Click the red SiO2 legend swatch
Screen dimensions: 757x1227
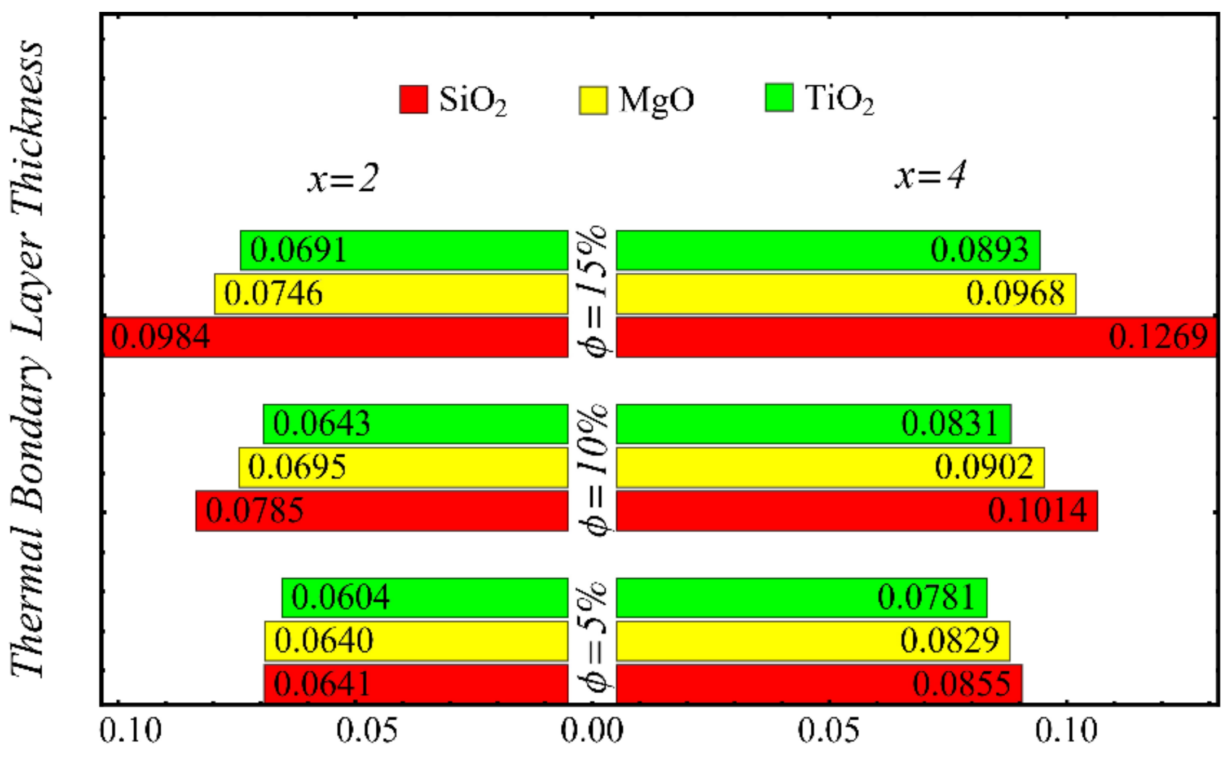pyautogui.click(x=413, y=99)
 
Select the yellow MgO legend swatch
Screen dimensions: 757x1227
pyautogui.click(x=593, y=100)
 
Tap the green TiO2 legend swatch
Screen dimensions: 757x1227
pyautogui.click(x=779, y=97)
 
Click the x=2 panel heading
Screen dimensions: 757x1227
pyautogui.click(x=343, y=178)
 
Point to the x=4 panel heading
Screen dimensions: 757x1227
pyautogui.click(x=930, y=175)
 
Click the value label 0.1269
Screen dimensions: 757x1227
pyautogui.click(x=1158, y=337)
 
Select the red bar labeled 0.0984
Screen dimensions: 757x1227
pyautogui.click(x=336, y=337)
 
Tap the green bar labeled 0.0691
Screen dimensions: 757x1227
pyautogui.click(x=404, y=250)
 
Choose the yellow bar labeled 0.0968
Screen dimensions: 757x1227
pyautogui.click(x=845, y=294)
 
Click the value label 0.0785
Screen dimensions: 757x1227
pyautogui.click(x=254, y=510)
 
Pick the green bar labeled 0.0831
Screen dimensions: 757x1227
pyautogui.click(x=813, y=424)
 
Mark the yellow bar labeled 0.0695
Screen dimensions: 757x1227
pyautogui.click(x=403, y=467)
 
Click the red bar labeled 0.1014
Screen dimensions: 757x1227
pyautogui.click(x=856, y=510)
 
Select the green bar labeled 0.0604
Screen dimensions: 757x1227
pyautogui.click(x=425, y=597)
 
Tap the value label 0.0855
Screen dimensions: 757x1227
pyautogui.click(x=961, y=684)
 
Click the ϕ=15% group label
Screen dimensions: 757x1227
pyautogui.click(x=592, y=292)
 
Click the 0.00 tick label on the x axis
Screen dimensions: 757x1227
pyautogui.click(x=592, y=730)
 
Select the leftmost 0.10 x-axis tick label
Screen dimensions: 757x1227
pyautogui.click(x=130, y=730)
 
